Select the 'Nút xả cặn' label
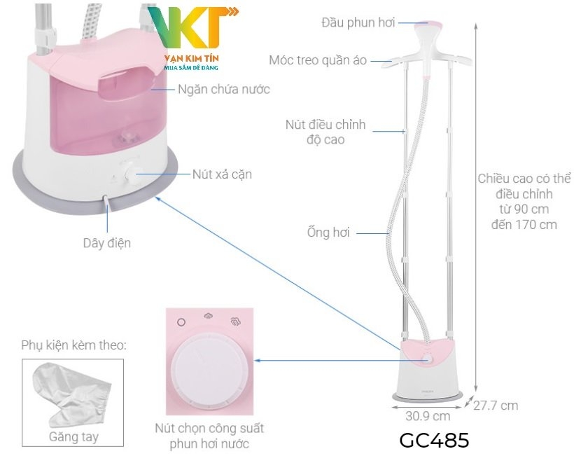[x=222, y=174]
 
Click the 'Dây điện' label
[x=107, y=243]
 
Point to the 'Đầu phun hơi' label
[x=358, y=22]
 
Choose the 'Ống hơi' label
[x=328, y=233]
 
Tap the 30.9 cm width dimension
[x=428, y=415]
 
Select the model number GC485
[x=434, y=441]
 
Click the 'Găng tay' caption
[x=73, y=437]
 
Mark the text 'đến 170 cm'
[x=524, y=224]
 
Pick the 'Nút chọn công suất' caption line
[x=209, y=428]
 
